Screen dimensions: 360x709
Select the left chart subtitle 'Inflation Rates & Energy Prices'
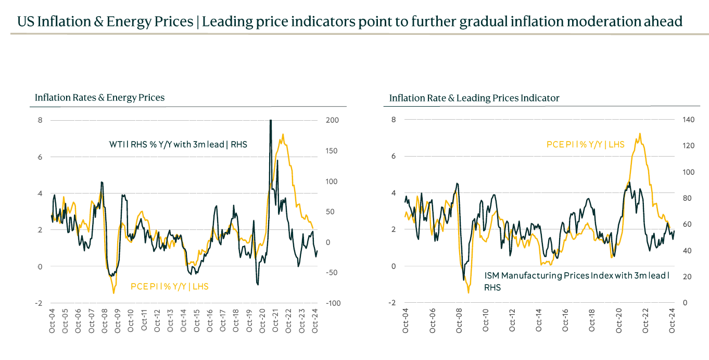pyautogui.click(x=99, y=97)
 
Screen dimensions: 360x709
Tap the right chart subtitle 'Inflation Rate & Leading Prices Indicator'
pyautogui.click(x=474, y=98)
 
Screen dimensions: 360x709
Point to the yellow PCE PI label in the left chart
pyautogui.click(x=169, y=286)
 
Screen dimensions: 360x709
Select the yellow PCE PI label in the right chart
pyautogui.click(x=585, y=144)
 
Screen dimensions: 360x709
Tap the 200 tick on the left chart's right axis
pyautogui.click(x=332, y=120)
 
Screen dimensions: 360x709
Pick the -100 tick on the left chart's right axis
pyautogui.click(x=332, y=303)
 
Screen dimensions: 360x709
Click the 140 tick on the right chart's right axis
pyautogui.click(x=688, y=120)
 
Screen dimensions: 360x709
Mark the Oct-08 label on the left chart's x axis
pyautogui.click(x=105, y=320)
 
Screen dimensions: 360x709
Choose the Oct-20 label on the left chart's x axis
pyautogui.click(x=262, y=320)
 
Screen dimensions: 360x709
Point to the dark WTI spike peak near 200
pyautogui.click(x=271, y=121)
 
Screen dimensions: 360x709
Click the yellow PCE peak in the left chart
pyautogui.click(x=283, y=134)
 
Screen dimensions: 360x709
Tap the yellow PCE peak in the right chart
pyautogui.click(x=639, y=133)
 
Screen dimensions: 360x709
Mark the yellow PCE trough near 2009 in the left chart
pyautogui.click(x=113, y=293)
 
